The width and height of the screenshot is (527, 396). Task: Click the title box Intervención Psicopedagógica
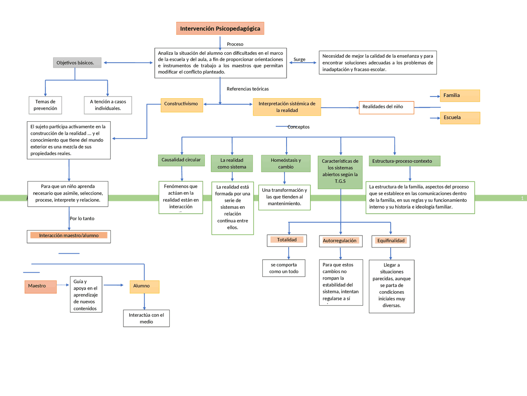click(x=220, y=28)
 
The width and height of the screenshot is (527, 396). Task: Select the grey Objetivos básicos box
click(x=77, y=63)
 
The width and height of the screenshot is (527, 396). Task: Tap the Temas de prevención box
click(x=45, y=105)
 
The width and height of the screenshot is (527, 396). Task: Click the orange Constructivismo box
click(x=182, y=105)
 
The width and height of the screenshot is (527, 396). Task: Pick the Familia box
click(x=459, y=96)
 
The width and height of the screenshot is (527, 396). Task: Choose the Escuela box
click(x=459, y=118)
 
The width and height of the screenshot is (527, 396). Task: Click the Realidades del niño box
click(x=386, y=107)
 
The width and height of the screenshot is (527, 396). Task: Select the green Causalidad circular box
click(x=181, y=160)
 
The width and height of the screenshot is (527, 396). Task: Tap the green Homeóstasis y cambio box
click(x=286, y=163)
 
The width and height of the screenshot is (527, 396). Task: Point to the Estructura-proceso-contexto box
click(x=404, y=161)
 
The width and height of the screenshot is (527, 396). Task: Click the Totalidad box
click(x=287, y=240)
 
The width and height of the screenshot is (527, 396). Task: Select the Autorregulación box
click(x=340, y=241)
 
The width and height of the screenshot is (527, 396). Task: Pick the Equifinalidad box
click(x=391, y=241)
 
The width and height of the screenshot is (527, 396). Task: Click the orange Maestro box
click(x=40, y=286)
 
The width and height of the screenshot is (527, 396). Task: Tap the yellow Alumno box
click(x=144, y=286)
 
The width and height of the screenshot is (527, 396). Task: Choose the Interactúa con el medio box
click(x=146, y=318)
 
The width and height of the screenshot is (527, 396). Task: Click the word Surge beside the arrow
click(x=299, y=59)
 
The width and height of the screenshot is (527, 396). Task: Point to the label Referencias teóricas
click(x=247, y=89)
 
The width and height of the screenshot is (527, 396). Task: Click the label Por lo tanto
click(x=82, y=219)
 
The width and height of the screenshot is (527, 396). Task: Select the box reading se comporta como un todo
click(x=284, y=268)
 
